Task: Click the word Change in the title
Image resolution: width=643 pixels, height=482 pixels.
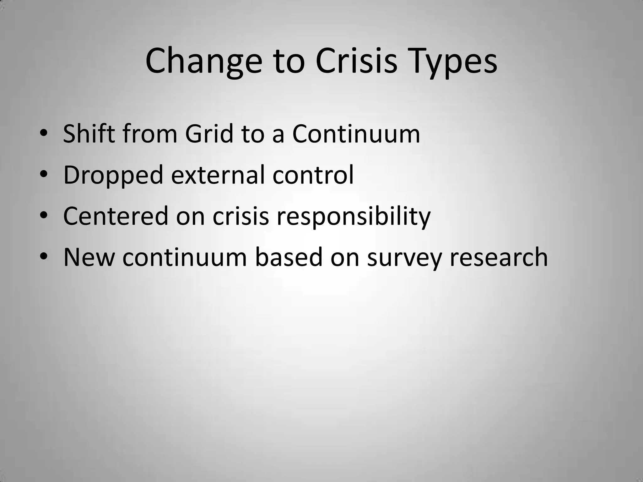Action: click(x=203, y=61)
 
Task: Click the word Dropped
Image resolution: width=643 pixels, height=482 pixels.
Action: click(x=113, y=175)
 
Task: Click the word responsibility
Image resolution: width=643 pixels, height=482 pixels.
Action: click(x=353, y=217)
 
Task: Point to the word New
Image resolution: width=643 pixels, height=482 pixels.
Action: click(x=89, y=257)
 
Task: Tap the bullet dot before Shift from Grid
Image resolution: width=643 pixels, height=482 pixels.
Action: click(x=44, y=134)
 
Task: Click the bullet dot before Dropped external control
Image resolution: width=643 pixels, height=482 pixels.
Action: click(x=44, y=175)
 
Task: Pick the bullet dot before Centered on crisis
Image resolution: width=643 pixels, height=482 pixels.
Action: click(x=44, y=216)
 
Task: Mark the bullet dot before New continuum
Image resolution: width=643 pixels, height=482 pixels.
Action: click(x=44, y=257)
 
